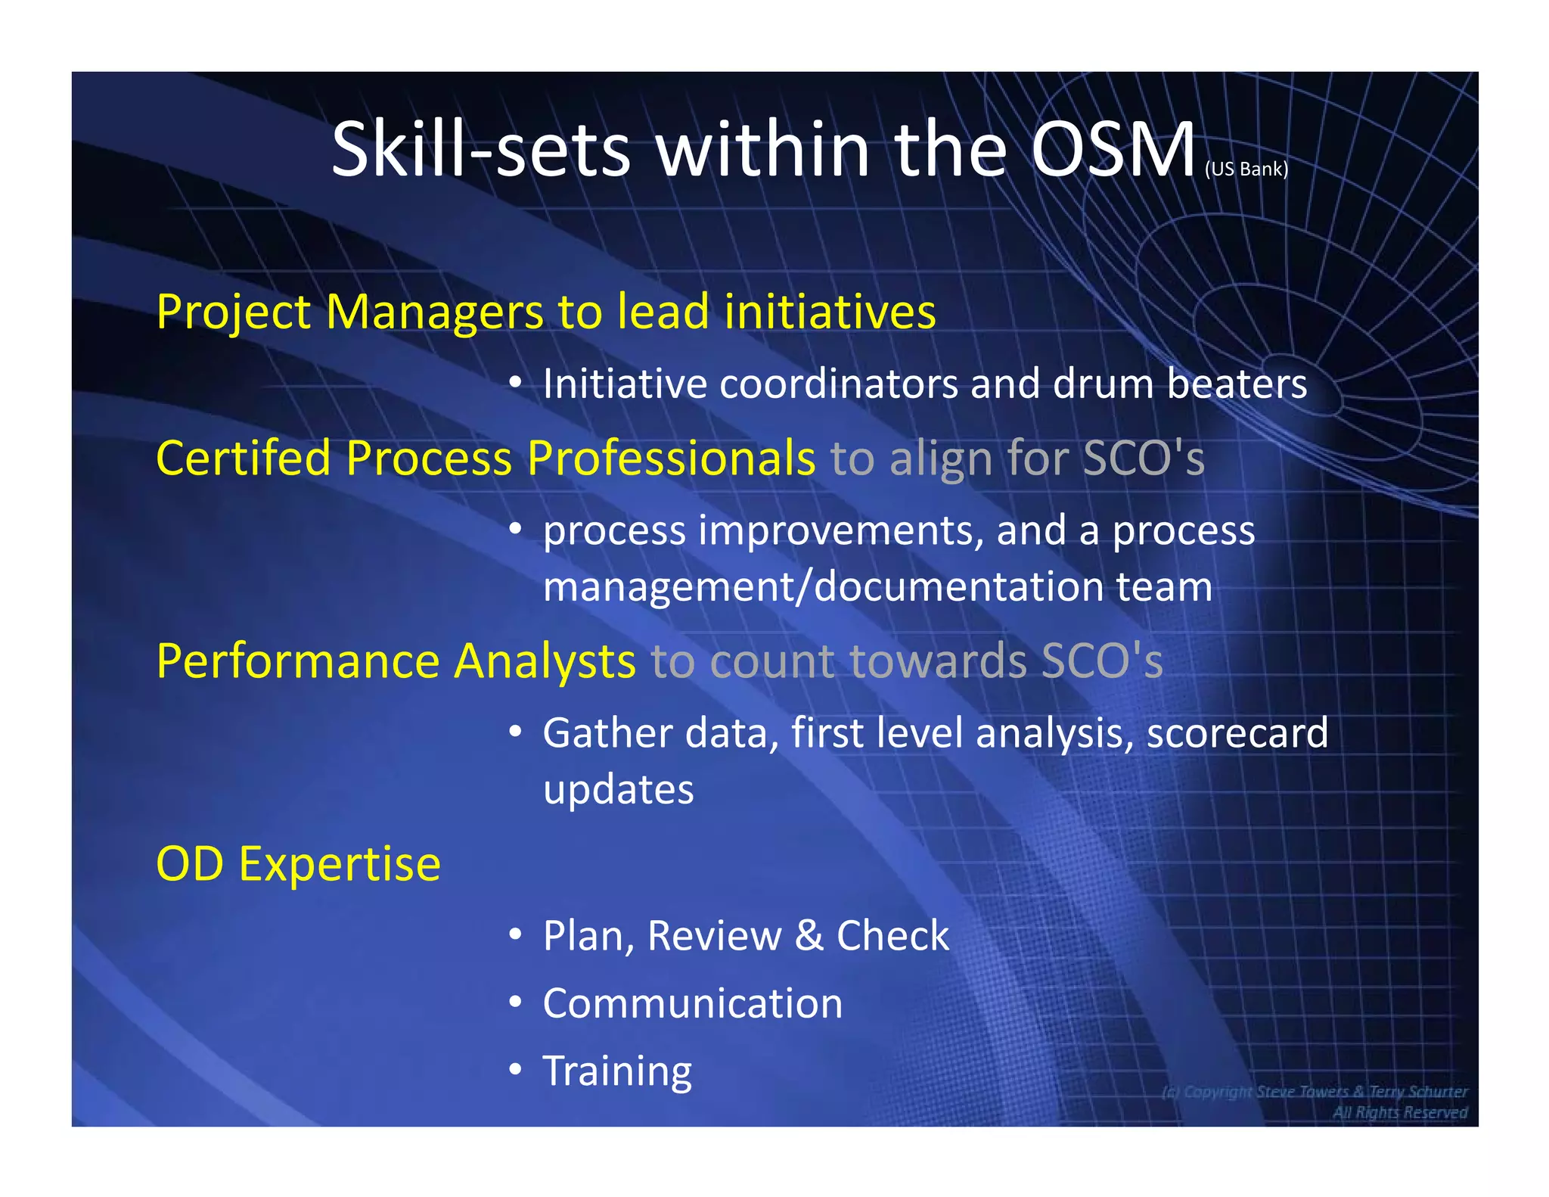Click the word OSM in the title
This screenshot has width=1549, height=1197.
pos(1113,151)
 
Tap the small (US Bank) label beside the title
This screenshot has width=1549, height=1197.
pos(1246,169)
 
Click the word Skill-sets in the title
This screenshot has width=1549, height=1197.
pos(481,151)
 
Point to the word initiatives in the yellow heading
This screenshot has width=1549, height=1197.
pos(830,312)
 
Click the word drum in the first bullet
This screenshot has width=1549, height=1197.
pos(1104,384)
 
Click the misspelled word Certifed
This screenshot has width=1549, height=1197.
pos(244,458)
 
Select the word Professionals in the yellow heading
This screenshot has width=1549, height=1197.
pos(672,458)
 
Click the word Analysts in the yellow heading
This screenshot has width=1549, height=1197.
pos(544,661)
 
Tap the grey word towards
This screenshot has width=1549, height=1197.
pos(938,661)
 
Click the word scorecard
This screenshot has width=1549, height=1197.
pos(1237,733)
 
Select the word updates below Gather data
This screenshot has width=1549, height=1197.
pos(618,790)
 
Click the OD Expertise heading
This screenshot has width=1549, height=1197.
pos(298,864)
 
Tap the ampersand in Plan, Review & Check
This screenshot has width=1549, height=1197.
pos(809,936)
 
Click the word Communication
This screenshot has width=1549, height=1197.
pos(692,1004)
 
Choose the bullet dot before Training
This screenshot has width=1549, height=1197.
pos(515,1070)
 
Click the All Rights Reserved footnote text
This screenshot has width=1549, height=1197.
pos(1399,1112)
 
